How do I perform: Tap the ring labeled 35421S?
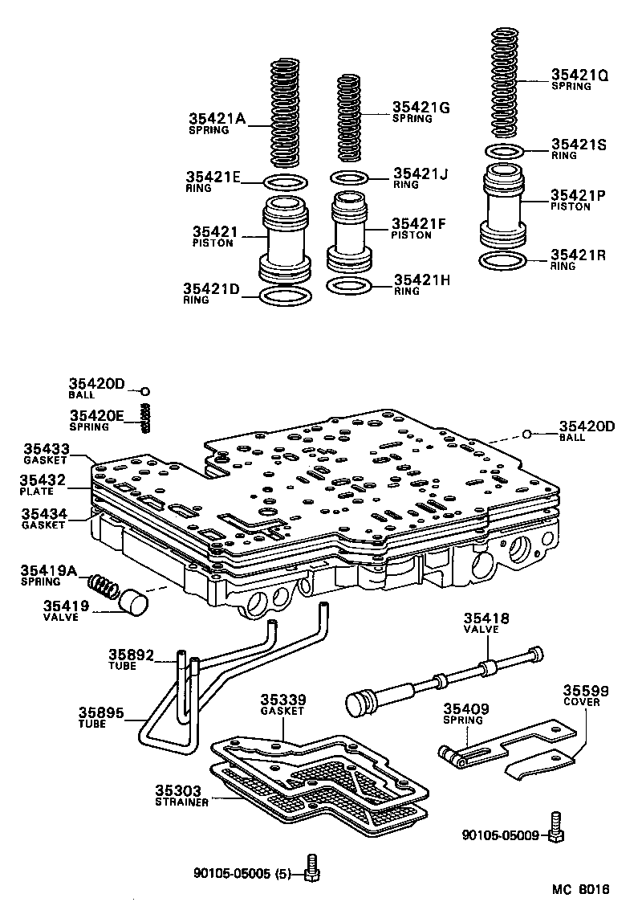point(505,151)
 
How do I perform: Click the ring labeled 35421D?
point(286,296)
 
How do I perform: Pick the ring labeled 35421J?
point(351,178)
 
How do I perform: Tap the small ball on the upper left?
point(145,391)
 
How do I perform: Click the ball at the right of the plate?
point(526,435)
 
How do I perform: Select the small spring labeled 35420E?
point(145,418)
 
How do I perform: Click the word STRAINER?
point(182,802)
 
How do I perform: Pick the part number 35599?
point(585,691)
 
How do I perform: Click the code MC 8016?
point(580,890)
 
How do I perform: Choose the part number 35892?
point(131,655)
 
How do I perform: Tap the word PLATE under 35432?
point(36,492)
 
